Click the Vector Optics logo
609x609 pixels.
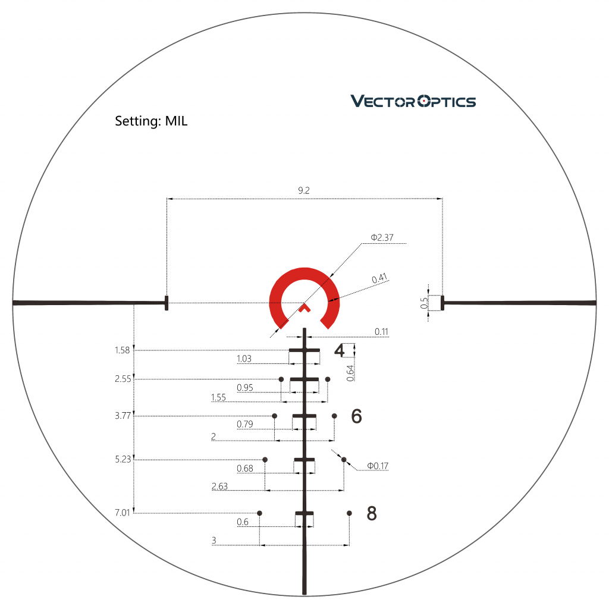[413, 101]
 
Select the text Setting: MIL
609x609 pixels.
[151, 121]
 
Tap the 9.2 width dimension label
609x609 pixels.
[304, 190]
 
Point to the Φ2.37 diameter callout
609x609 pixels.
[382, 237]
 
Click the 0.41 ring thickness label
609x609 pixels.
[379, 278]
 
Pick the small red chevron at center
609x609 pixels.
[305, 308]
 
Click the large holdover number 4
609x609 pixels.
[340, 350]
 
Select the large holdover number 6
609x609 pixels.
[357, 416]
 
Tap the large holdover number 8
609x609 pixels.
[372, 513]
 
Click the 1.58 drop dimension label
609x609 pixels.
[123, 350]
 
